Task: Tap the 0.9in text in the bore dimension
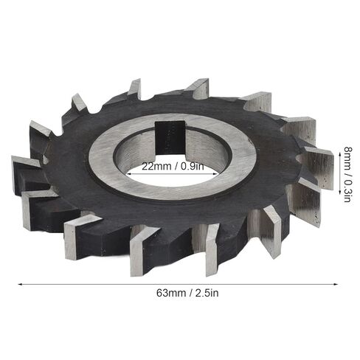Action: click(193, 167)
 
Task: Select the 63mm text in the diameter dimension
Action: click(171, 293)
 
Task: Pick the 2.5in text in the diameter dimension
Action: click(207, 293)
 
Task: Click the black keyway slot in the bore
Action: click(170, 137)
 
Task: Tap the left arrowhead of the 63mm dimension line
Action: click(21, 285)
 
